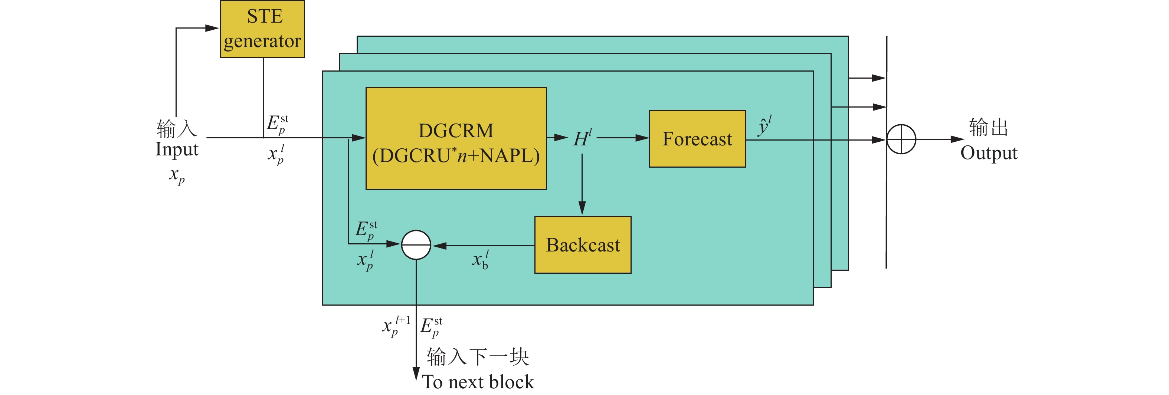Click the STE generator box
click(x=262, y=29)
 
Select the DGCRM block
click(x=456, y=138)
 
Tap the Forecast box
click(x=697, y=139)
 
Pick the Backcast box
click(x=583, y=245)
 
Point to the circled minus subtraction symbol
click(x=416, y=245)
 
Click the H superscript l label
click(x=582, y=138)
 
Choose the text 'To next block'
click(x=478, y=382)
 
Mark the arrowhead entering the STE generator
click(x=212, y=28)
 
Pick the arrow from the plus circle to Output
click(x=939, y=139)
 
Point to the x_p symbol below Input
click(x=177, y=175)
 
